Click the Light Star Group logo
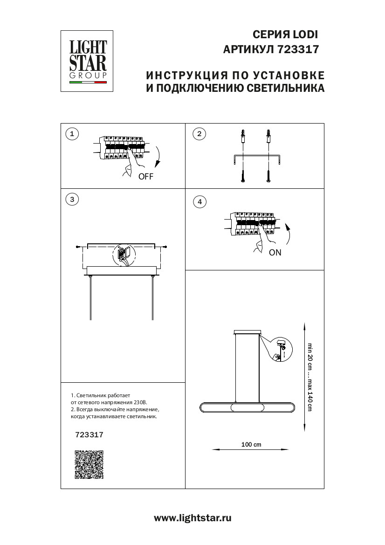tap(88, 62)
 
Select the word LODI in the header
tap(305, 34)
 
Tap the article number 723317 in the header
tap(298, 49)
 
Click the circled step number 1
tap(72, 134)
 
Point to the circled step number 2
tap(199, 134)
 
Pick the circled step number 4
tap(199, 202)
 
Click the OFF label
tap(145, 177)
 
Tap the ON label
tap(275, 253)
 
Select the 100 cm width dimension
tap(251, 445)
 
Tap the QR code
tap(89, 464)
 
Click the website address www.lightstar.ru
tap(192, 517)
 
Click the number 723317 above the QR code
tap(89, 435)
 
